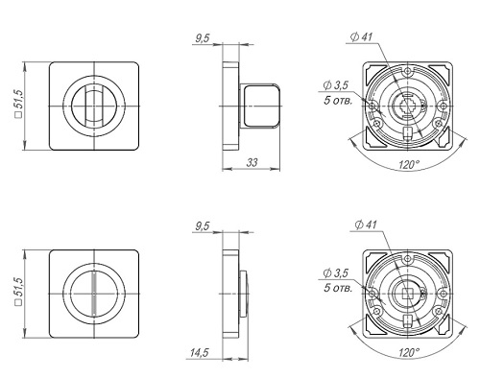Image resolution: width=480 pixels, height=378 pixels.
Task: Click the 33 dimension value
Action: click(x=252, y=162)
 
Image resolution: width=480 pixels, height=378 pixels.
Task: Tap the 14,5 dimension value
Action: click(x=199, y=352)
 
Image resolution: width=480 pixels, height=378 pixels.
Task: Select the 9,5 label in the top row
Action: click(x=203, y=38)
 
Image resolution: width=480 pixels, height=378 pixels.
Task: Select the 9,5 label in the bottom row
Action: click(x=203, y=226)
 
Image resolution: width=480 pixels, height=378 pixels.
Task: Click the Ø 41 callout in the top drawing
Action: click(x=362, y=37)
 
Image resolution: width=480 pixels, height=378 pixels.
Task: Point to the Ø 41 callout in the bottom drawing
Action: click(x=366, y=224)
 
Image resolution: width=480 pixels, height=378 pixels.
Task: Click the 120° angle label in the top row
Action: click(x=409, y=165)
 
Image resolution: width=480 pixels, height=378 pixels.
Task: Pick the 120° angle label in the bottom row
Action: click(x=409, y=352)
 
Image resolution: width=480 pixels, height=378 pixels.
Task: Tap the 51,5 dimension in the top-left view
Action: click(x=19, y=105)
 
